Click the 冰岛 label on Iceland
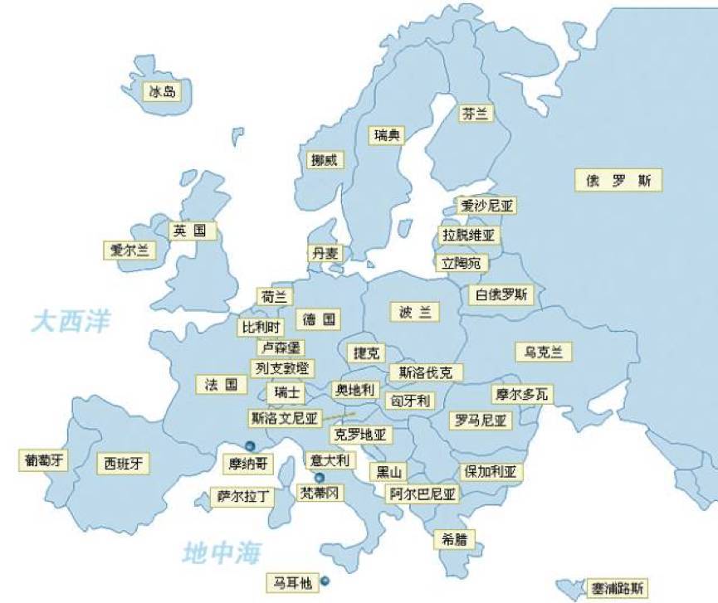coord(162,91)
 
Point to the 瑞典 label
coord(387,134)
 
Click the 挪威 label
coord(324,160)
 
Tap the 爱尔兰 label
coord(129,250)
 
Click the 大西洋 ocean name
coord(71,322)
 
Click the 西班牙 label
coord(124,463)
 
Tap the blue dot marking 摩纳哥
coord(249,446)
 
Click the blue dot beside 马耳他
coord(325,581)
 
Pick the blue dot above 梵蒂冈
coord(319,478)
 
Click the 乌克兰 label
coord(543,352)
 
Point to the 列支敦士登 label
coord(282,367)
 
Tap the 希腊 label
coord(450,538)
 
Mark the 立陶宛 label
coord(463,263)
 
